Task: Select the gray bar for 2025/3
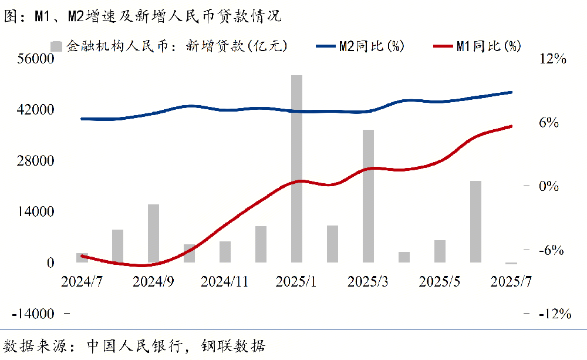click(368, 196)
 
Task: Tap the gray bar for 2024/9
click(154, 233)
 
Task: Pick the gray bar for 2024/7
click(82, 258)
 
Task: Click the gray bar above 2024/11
click(225, 252)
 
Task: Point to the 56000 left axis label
click(35, 59)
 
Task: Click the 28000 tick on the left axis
click(35, 161)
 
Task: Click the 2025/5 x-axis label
click(438, 281)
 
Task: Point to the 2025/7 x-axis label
click(511, 281)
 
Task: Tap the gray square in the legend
click(57, 46)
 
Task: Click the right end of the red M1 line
click(511, 126)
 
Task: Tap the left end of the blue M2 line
click(82, 119)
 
